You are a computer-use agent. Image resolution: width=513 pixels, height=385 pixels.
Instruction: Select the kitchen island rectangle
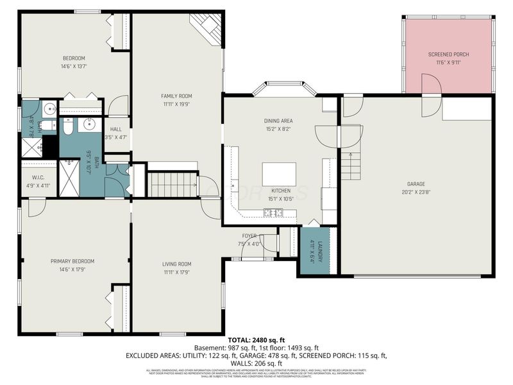pyautogui.click(x=280, y=174)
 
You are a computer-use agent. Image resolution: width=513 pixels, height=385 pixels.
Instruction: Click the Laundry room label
pyautogui.click(x=314, y=251)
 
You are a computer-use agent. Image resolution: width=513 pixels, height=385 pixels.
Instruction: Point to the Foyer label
pyautogui.click(x=250, y=235)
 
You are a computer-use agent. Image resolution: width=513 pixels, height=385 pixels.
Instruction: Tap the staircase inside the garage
pyautogui.click(x=351, y=167)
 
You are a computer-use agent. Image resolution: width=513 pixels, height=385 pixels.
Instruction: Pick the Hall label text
pyautogui.click(x=116, y=129)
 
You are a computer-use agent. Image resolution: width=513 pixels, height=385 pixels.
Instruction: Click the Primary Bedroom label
pyautogui.click(x=73, y=261)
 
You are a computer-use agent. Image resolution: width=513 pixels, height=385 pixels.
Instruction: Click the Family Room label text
pyautogui.click(x=176, y=96)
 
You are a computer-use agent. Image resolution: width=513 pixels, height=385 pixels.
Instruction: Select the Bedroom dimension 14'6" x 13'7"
pyautogui.click(x=74, y=66)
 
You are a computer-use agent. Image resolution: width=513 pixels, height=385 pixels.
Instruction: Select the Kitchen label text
pyautogui.click(x=280, y=191)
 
